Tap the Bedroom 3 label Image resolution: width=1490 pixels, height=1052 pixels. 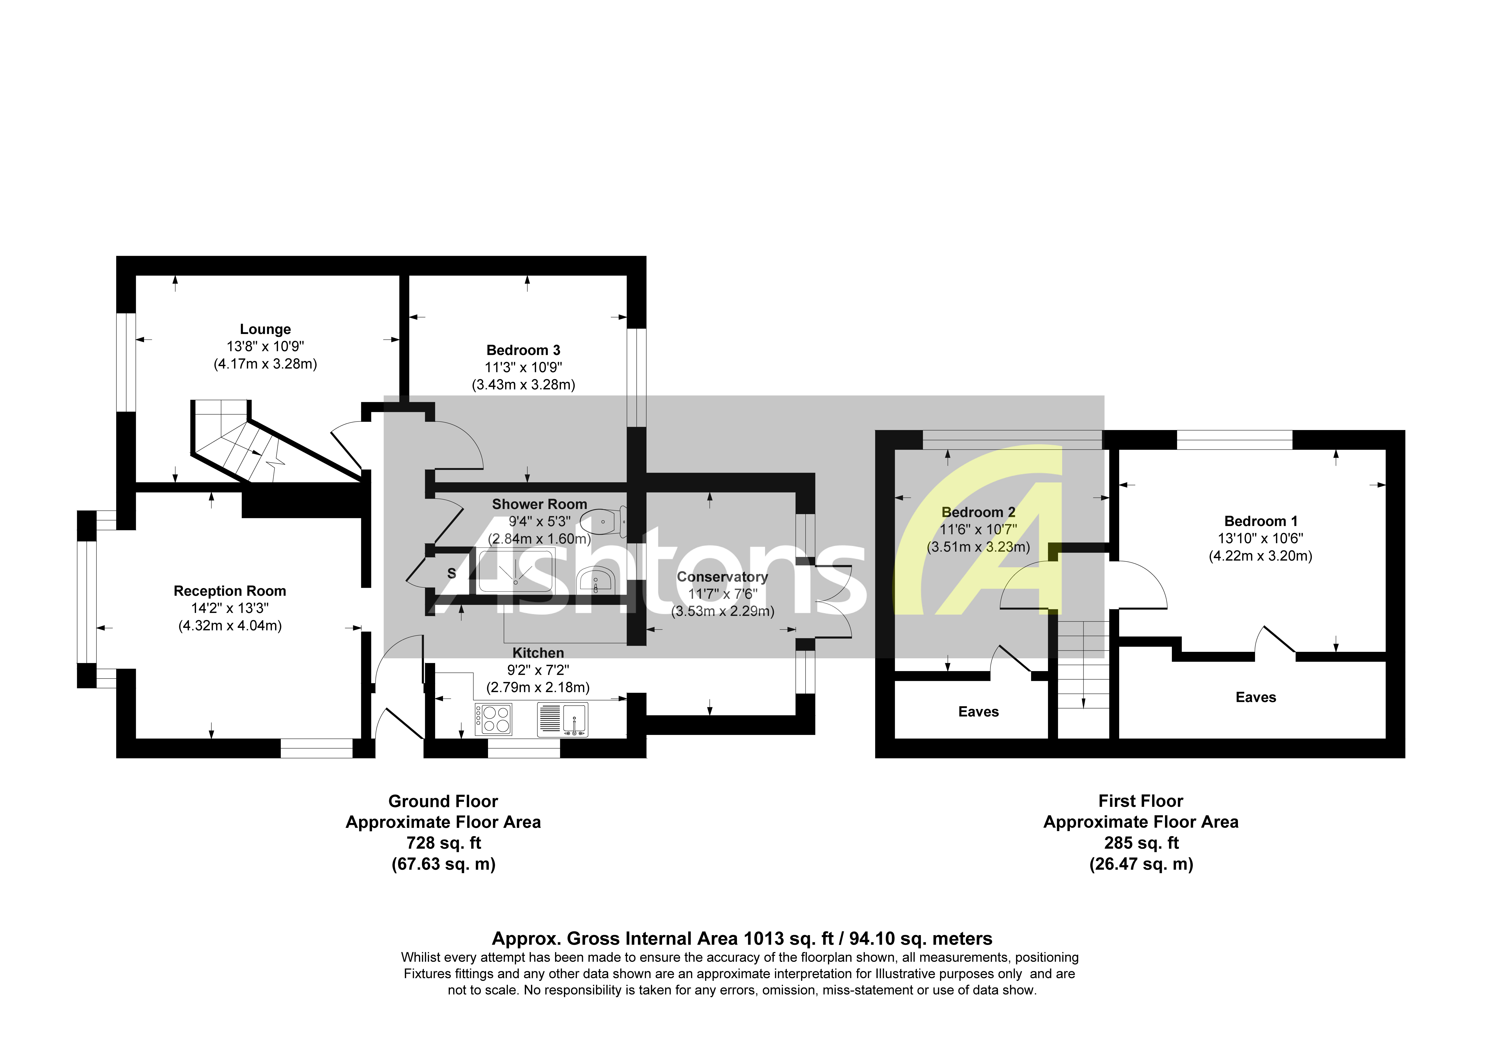coord(523,350)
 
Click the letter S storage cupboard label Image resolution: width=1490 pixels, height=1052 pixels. coord(452,573)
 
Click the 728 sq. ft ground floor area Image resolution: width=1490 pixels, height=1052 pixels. coord(443,843)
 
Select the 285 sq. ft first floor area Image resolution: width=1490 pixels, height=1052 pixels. coord(1141,843)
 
